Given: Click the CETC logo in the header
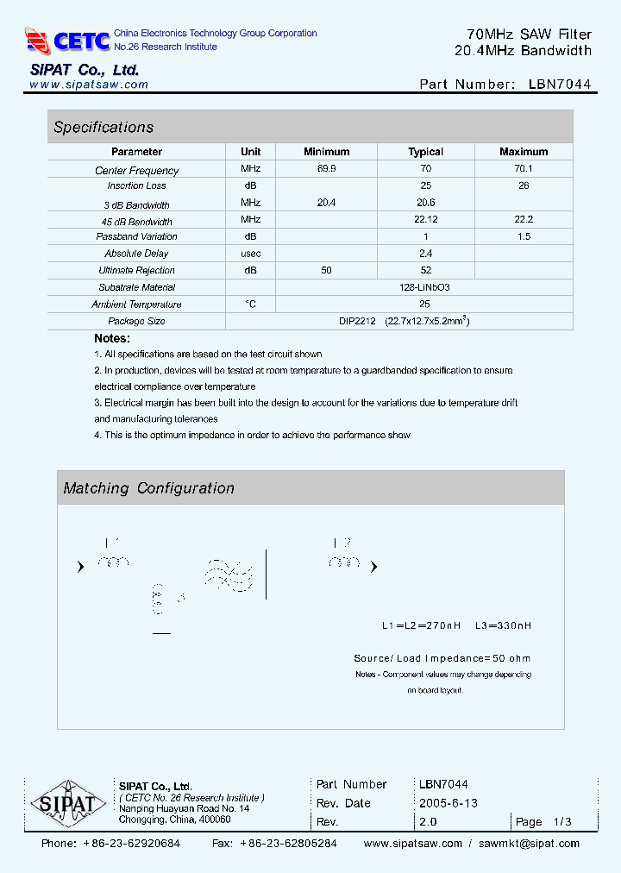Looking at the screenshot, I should coord(68,40).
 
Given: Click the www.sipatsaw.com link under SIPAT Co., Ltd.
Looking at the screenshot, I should coord(89,85).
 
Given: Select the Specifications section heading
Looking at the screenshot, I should coord(103,128).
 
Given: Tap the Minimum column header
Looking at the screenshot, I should coord(326,152).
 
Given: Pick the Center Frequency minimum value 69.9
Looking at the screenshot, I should coord(326,170).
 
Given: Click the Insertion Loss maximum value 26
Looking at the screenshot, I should coord(524,185).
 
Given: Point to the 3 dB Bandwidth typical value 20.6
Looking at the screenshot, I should coord(425,201).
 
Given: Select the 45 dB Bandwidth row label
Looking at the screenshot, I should coord(136,222).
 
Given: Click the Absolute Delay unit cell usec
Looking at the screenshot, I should coord(251,254).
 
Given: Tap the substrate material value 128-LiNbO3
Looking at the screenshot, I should coord(425,287).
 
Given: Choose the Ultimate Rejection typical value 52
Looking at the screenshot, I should coord(425,271).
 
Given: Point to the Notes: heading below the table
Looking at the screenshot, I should coord(112,339).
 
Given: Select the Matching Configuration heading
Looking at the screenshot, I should coord(148,488).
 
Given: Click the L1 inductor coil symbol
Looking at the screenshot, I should coord(113,562).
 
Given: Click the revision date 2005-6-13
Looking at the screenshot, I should coord(448,803).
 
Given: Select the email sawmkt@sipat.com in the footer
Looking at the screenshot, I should coord(529,844).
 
